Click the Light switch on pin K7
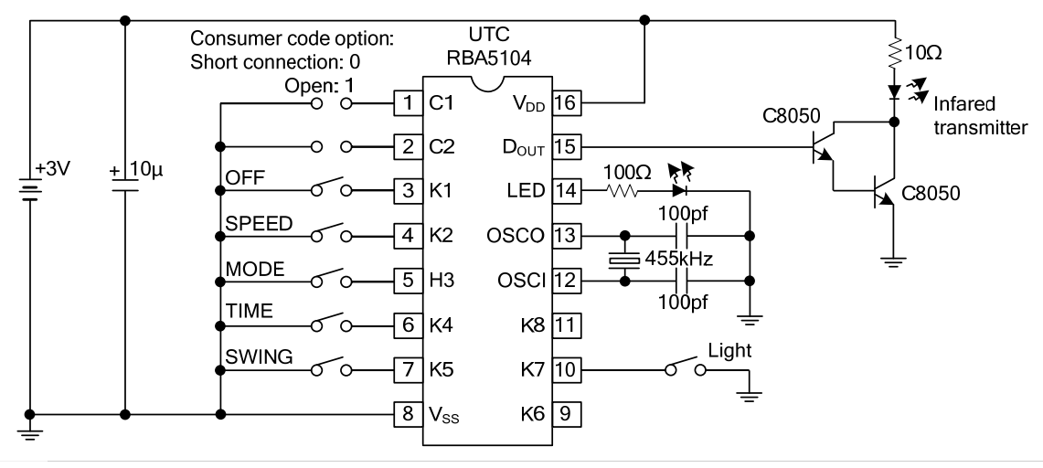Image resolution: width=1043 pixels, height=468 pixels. pos(686,369)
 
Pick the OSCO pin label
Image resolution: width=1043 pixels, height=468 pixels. pos(518,236)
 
